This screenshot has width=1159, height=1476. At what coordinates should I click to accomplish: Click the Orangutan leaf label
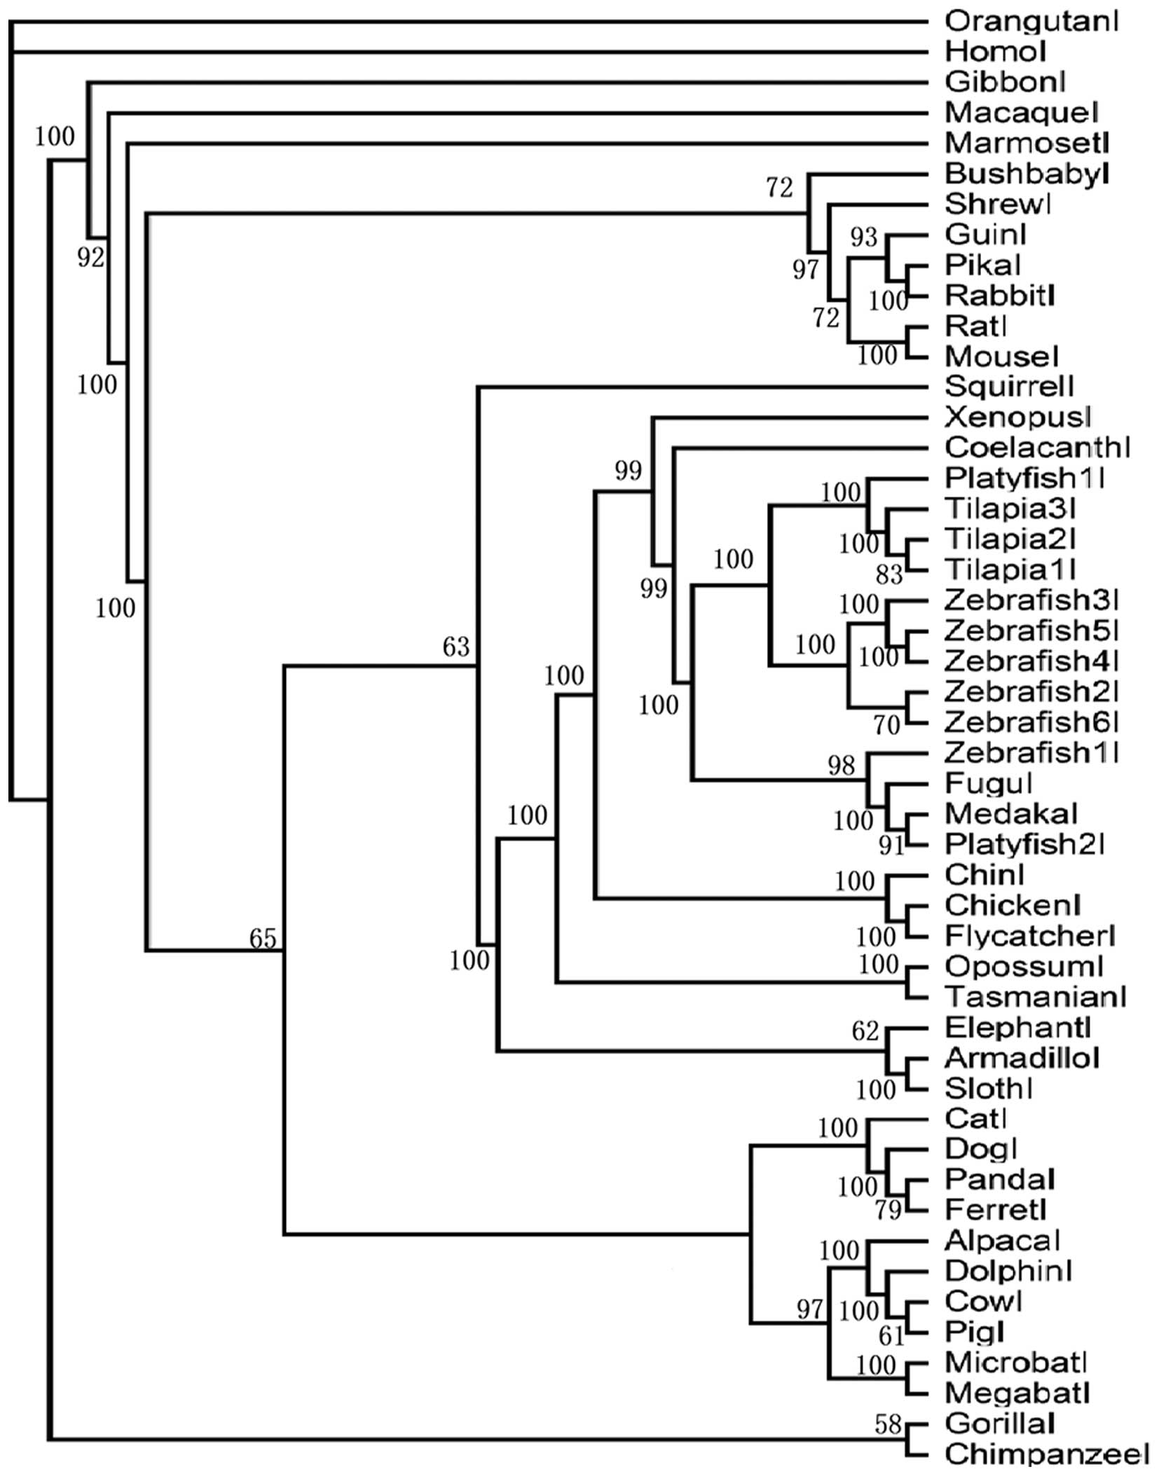pyautogui.click(x=1031, y=21)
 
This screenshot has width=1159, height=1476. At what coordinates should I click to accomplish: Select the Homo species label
pyautogui.click(x=995, y=51)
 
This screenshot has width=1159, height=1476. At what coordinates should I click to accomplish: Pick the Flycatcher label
pyautogui.click(x=1029, y=935)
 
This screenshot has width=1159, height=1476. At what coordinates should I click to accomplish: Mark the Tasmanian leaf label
pyautogui.click(x=1035, y=995)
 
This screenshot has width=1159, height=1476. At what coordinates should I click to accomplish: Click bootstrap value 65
pyautogui.click(x=263, y=938)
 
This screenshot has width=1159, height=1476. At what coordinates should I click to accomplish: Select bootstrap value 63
pyautogui.click(x=455, y=647)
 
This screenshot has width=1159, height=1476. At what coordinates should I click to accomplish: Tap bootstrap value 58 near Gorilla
pyautogui.click(x=887, y=1424)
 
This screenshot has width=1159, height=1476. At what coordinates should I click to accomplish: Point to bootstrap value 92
pyautogui.click(x=90, y=258)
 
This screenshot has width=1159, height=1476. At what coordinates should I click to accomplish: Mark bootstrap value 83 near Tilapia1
pyautogui.click(x=889, y=574)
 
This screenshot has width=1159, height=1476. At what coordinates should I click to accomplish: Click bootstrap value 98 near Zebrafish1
pyautogui.click(x=841, y=765)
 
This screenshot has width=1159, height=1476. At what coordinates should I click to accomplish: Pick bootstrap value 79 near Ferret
pyautogui.click(x=889, y=1210)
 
